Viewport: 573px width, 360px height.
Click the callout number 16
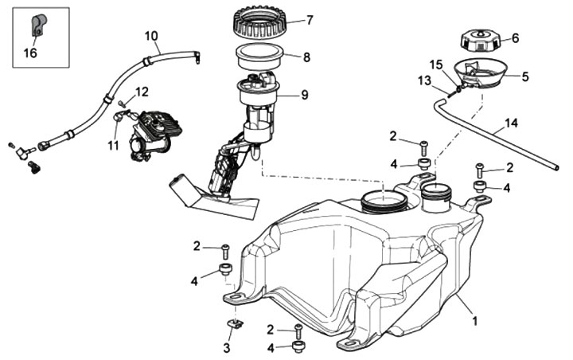click(29, 53)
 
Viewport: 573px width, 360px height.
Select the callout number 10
click(151, 35)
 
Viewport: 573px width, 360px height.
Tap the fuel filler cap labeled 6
click(480, 38)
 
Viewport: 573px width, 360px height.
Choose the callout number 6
click(514, 37)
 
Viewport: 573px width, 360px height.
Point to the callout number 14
click(509, 125)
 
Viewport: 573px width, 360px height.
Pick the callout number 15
click(435, 64)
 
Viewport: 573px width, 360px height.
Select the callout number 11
click(114, 146)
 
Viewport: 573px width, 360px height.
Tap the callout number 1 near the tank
click(475, 321)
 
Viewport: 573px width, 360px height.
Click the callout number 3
click(226, 348)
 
